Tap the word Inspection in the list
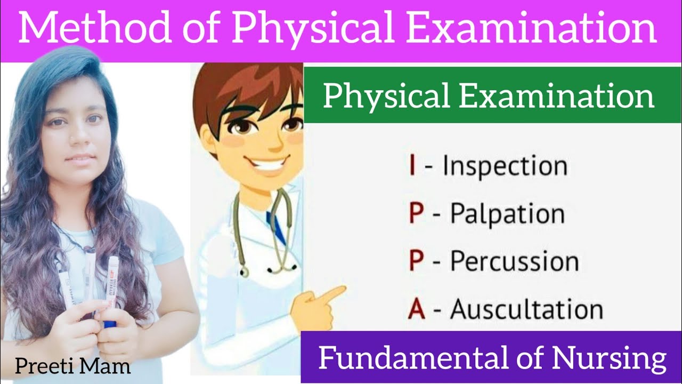pos(505,166)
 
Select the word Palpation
pos(507,214)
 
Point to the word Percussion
pos(514,262)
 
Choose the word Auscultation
pos(526,309)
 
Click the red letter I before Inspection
pos(412,166)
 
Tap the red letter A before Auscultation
pos(416,309)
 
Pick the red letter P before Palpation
pos(416,214)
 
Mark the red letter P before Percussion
pos(416,262)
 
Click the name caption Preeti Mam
pos(72,366)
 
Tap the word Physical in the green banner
pos(385,97)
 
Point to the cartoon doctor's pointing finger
pos(336,292)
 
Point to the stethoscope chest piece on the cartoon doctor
pos(245,272)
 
